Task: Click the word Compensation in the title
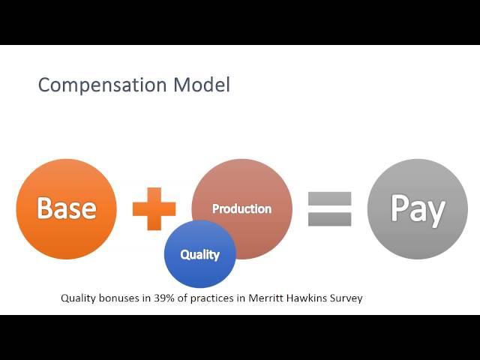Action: click(102, 85)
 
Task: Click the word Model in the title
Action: click(202, 85)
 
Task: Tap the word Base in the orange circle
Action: click(67, 208)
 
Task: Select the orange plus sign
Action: click(154, 208)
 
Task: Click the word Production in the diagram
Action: click(241, 208)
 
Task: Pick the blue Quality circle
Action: click(200, 253)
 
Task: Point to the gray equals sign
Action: click(329, 208)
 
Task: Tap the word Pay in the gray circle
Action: click(418, 210)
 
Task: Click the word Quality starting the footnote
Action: click(78, 298)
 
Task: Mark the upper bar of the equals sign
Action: click(329, 198)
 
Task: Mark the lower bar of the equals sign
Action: click(329, 220)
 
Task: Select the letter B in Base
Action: click(45, 208)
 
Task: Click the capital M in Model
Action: click(181, 85)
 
